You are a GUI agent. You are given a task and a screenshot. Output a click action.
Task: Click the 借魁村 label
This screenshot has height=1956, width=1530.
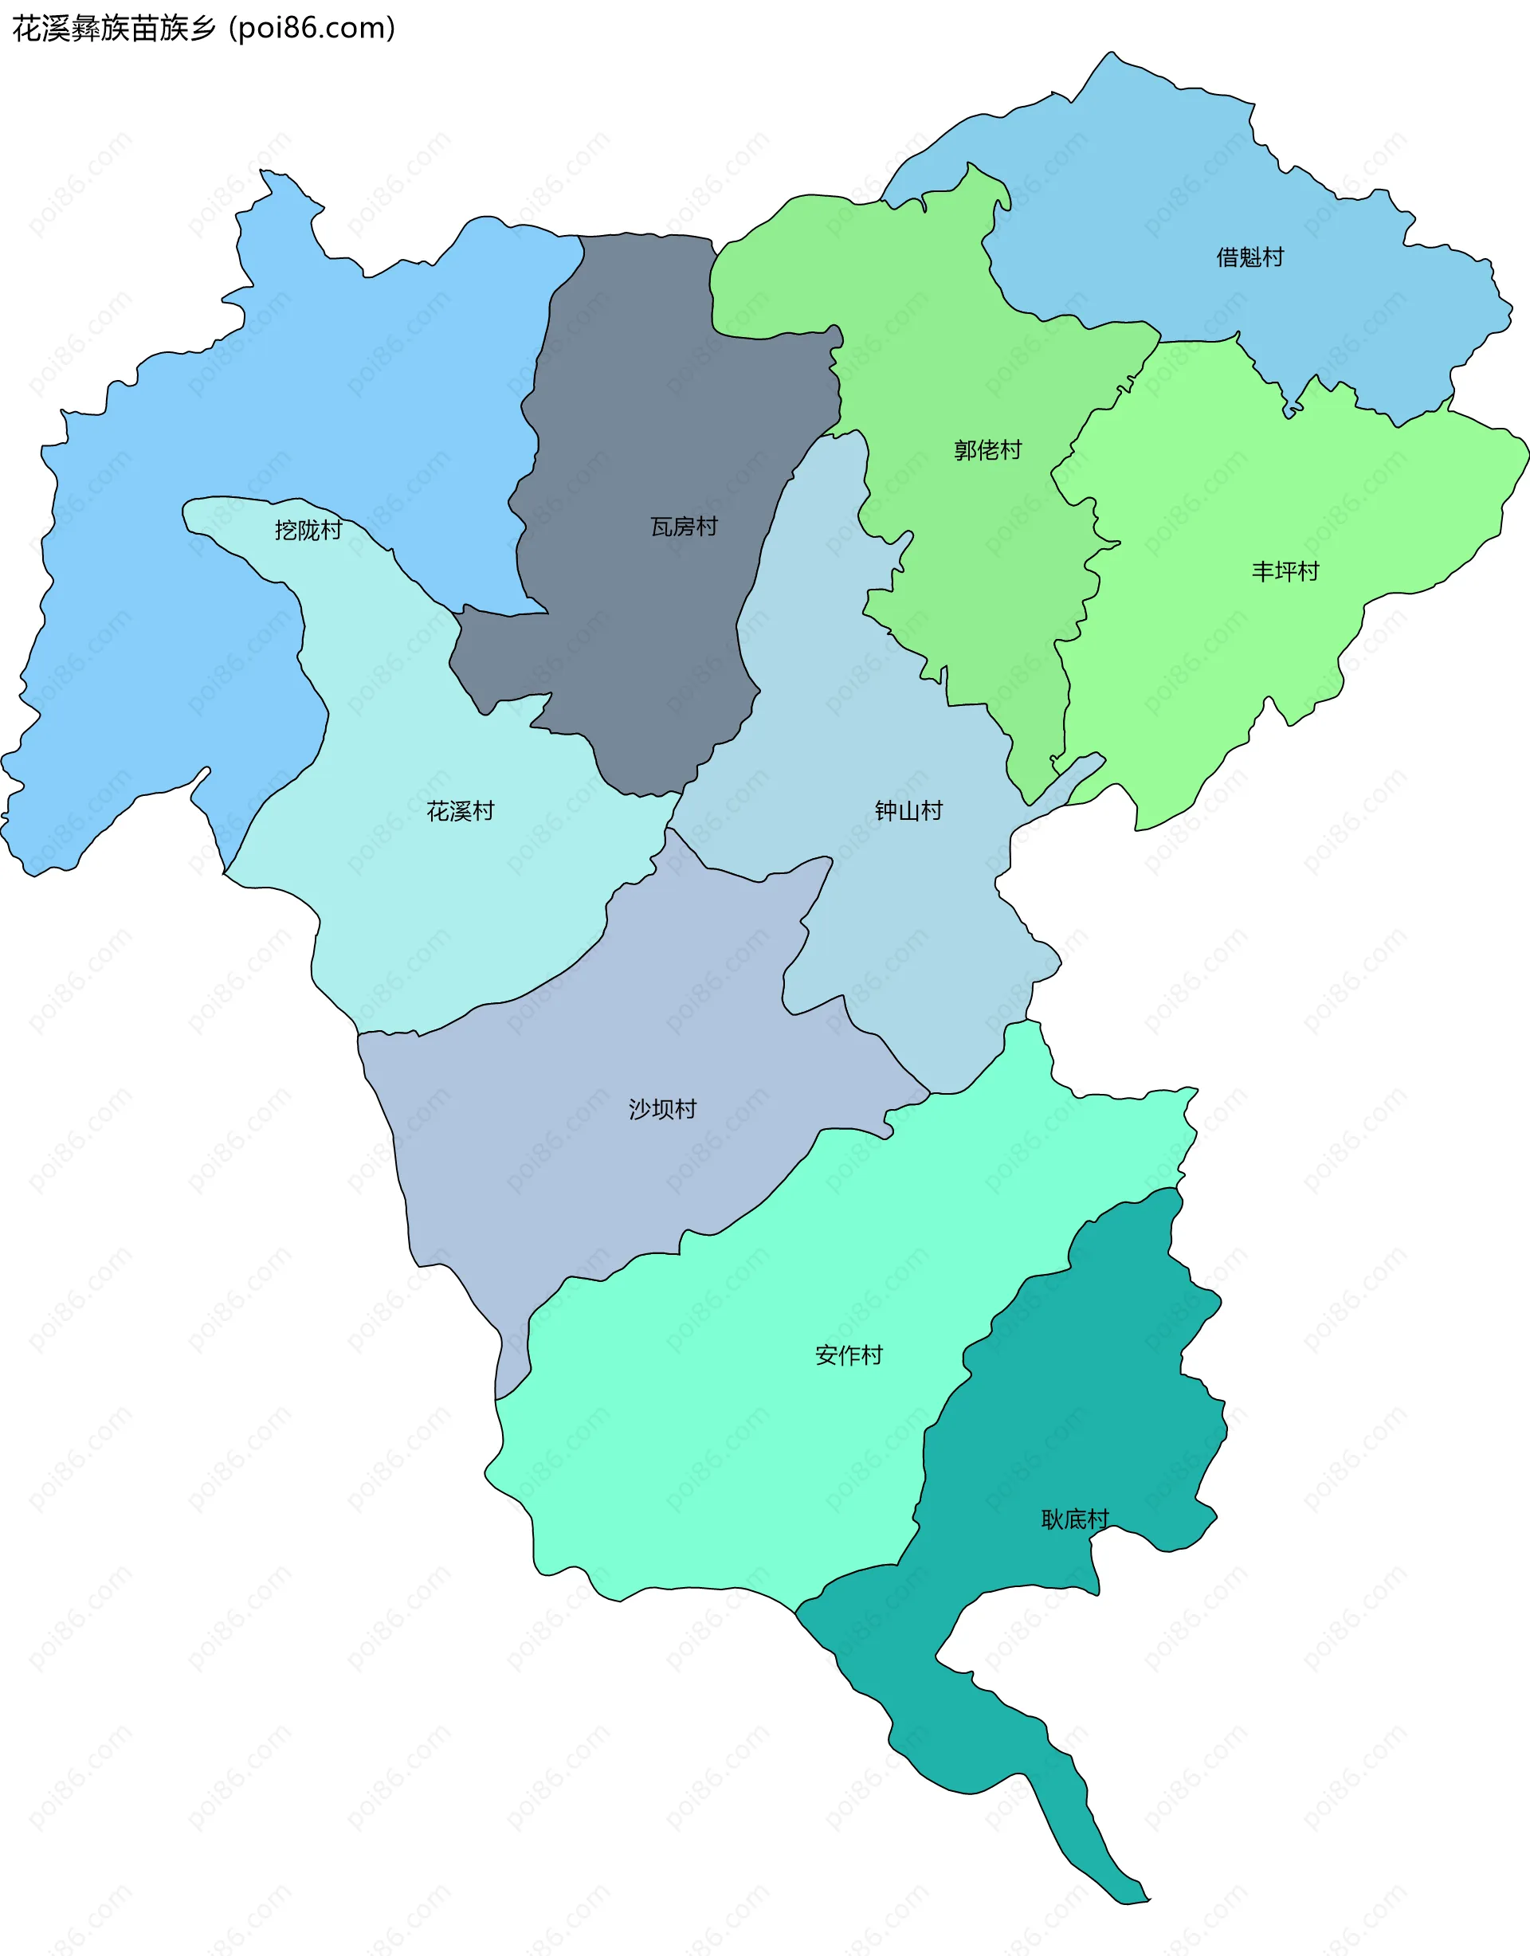[1249, 258]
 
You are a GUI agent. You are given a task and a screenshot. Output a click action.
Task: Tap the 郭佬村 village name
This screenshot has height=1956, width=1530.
[987, 449]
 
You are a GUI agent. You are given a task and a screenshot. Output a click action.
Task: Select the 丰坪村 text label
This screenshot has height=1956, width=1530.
[1285, 571]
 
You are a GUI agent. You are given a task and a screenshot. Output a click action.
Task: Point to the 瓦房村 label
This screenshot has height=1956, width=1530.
[684, 527]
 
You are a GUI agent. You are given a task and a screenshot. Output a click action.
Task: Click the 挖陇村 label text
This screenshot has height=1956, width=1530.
[308, 530]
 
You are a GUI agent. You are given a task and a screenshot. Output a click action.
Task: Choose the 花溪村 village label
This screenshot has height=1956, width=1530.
[461, 811]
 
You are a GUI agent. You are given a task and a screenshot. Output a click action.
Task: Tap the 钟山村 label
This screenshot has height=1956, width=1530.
[908, 811]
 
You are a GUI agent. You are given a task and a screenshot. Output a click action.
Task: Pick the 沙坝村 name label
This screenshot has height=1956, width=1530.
[662, 1110]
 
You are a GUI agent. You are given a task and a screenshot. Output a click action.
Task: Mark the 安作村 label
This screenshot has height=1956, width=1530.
[849, 1355]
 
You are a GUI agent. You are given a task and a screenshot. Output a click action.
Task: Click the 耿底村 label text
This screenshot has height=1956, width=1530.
[1075, 1519]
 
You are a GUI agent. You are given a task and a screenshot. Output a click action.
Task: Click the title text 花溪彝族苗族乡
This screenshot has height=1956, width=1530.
[114, 29]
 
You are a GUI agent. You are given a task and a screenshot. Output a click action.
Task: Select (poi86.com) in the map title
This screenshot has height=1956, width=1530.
[312, 29]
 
